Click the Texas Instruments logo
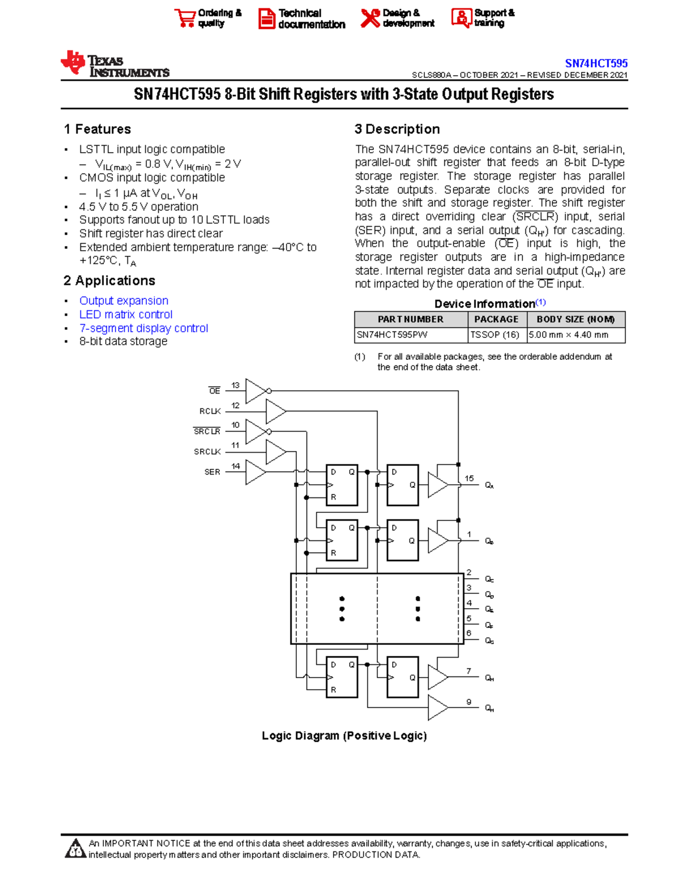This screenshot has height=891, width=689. tap(114, 64)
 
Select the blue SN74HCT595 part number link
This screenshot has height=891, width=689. tap(596, 63)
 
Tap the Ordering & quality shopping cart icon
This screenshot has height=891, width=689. tap(185, 18)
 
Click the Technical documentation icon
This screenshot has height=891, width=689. tap(266, 18)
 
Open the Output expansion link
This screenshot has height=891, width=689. tap(123, 301)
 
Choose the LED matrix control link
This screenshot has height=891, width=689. tap(126, 314)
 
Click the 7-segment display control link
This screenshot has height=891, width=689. tap(144, 328)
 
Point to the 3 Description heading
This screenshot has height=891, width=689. tap(397, 129)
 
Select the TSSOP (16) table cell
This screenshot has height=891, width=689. tap(495, 335)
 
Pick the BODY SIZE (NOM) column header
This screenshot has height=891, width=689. tap(575, 320)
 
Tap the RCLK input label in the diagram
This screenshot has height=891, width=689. tap(210, 411)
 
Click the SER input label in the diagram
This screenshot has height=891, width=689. tap(212, 472)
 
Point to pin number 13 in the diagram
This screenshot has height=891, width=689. tap(235, 386)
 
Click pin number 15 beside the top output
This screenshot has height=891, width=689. tap(469, 478)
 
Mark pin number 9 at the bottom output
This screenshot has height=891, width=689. tap(469, 702)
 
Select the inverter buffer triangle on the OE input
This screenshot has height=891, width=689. tap(256, 391)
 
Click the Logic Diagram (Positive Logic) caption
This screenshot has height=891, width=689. tap(344, 736)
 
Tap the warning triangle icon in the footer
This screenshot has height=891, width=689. tap(75, 849)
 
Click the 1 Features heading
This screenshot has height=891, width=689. tap(98, 129)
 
